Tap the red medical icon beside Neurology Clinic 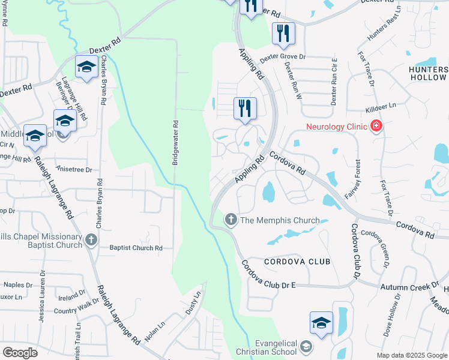point(376,126)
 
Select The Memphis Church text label point(280,220)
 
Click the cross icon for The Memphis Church point(231,220)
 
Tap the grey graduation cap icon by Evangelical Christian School point(306,347)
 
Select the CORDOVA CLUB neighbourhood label point(297,262)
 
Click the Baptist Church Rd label point(136,248)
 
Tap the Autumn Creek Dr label point(410,287)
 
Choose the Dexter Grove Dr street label point(283,57)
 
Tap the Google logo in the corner point(20,353)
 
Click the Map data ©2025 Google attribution point(411,355)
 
